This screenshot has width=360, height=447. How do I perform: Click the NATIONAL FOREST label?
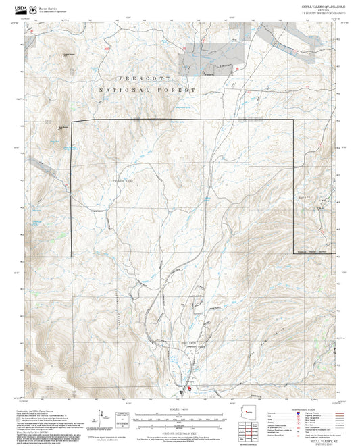(x=147, y=90)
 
